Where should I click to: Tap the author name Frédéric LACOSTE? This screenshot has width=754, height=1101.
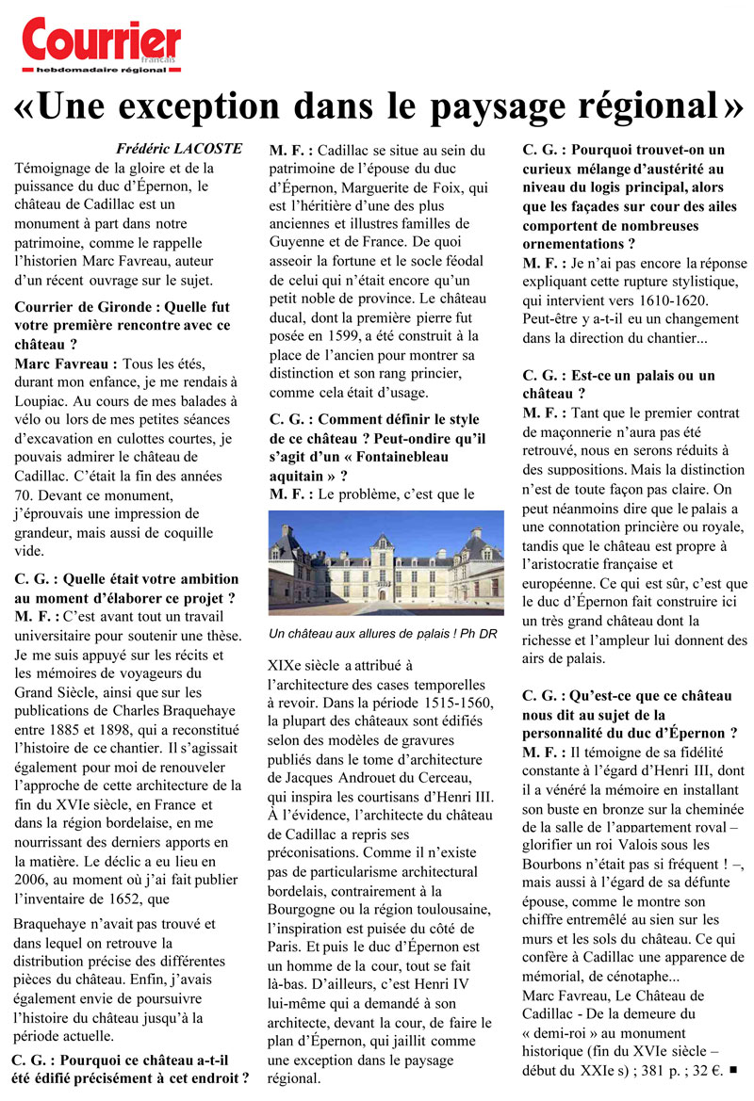click(178, 149)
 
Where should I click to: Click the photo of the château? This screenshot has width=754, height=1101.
click(385, 563)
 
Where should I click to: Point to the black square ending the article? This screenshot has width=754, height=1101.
click(733, 1070)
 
